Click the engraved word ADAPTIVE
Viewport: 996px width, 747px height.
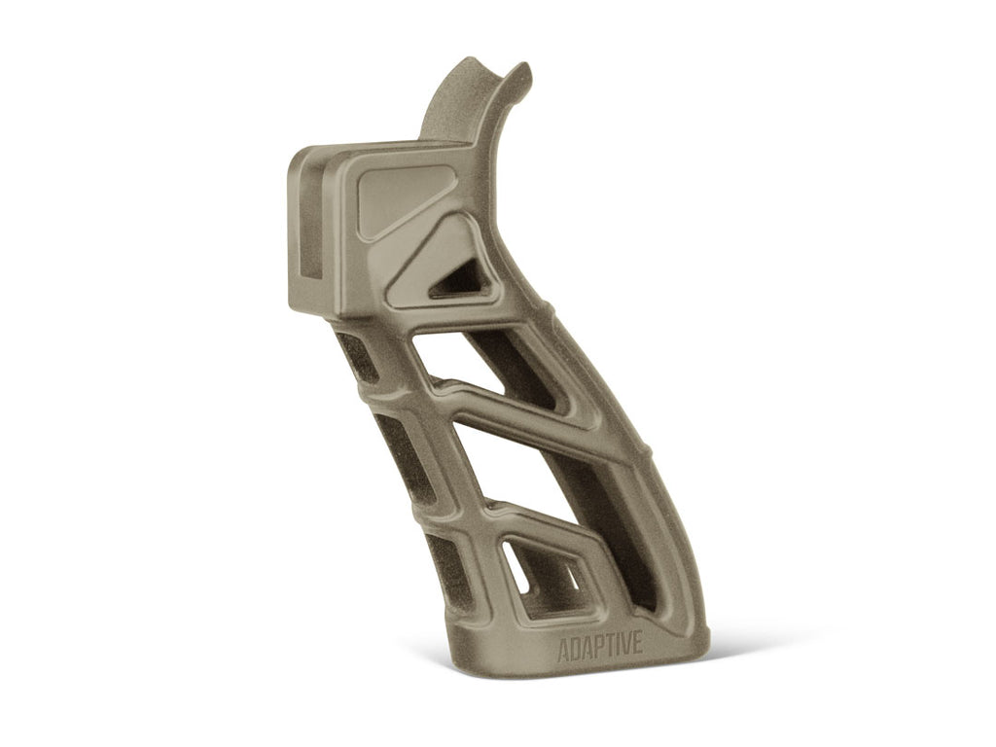coord(599,649)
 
